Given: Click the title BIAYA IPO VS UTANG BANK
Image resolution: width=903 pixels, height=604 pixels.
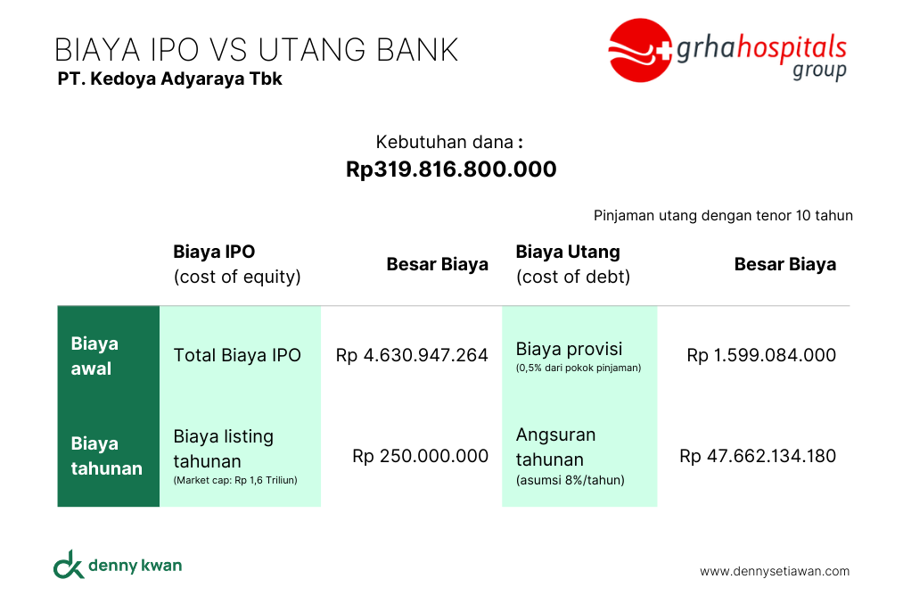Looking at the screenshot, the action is pyautogui.click(x=256, y=50).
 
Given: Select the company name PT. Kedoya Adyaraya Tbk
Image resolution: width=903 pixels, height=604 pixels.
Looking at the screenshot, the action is pyautogui.click(x=170, y=79).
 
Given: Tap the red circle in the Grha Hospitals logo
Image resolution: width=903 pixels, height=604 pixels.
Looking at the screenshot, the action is pyautogui.click(x=638, y=50).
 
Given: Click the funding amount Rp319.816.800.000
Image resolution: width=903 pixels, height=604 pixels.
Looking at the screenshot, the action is pyautogui.click(x=451, y=169).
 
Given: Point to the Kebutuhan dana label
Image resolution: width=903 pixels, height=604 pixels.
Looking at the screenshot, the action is pyautogui.click(x=449, y=142).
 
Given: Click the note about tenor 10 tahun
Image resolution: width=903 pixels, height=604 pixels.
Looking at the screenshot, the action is pyautogui.click(x=723, y=216).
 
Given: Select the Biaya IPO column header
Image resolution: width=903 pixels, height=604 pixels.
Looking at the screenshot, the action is pyautogui.click(x=237, y=264).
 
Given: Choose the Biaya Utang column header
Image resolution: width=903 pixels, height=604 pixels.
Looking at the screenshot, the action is pyautogui.click(x=573, y=264).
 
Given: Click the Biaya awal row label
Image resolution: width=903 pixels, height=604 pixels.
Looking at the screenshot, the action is pyautogui.click(x=94, y=356).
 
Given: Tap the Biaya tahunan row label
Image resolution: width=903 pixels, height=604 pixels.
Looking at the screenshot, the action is pyautogui.click(x=107, y=456).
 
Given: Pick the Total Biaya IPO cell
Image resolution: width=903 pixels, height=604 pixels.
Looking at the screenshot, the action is pyautogui.click(x=237, y=355).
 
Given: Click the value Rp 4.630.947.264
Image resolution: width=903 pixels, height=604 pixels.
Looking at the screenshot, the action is pyautogui.click(x=412, y=355).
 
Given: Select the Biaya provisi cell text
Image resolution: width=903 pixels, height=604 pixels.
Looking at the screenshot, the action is pyautogui.click(x=569, y=349).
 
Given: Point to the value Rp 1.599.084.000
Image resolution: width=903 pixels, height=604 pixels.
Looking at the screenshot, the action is pyautogui.click(x=761, y=355).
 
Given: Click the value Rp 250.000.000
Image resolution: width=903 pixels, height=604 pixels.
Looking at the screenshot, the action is pyautogui.click(x=421, y=456).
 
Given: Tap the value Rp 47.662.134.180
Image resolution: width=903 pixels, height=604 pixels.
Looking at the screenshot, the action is pyautogui.click(x=758, y=456).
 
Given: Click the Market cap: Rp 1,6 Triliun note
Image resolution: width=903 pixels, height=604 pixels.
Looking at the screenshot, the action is pyautogui.click(x=235, y=480).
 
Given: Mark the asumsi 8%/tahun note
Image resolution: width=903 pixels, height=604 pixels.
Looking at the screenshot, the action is pyautogui.click(x=571, y=480).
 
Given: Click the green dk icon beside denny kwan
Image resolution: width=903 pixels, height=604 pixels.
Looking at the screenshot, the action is pyautogui.click(x=69, y=564).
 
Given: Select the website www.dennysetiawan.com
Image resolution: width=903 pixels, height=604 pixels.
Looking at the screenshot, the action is pyautogui.click(x=775, y=571).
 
